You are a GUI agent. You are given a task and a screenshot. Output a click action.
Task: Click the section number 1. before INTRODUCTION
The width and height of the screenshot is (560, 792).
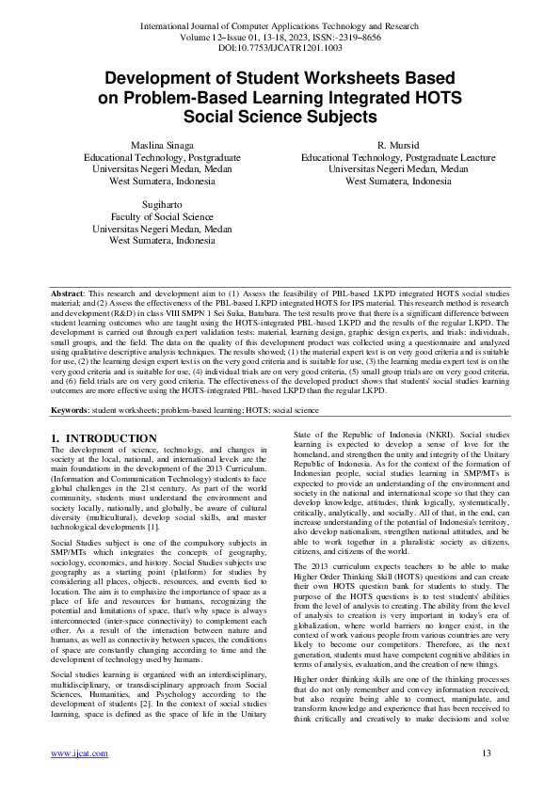click(56, 438)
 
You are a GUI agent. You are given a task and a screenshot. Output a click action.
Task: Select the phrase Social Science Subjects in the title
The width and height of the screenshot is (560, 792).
click(280, 117)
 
